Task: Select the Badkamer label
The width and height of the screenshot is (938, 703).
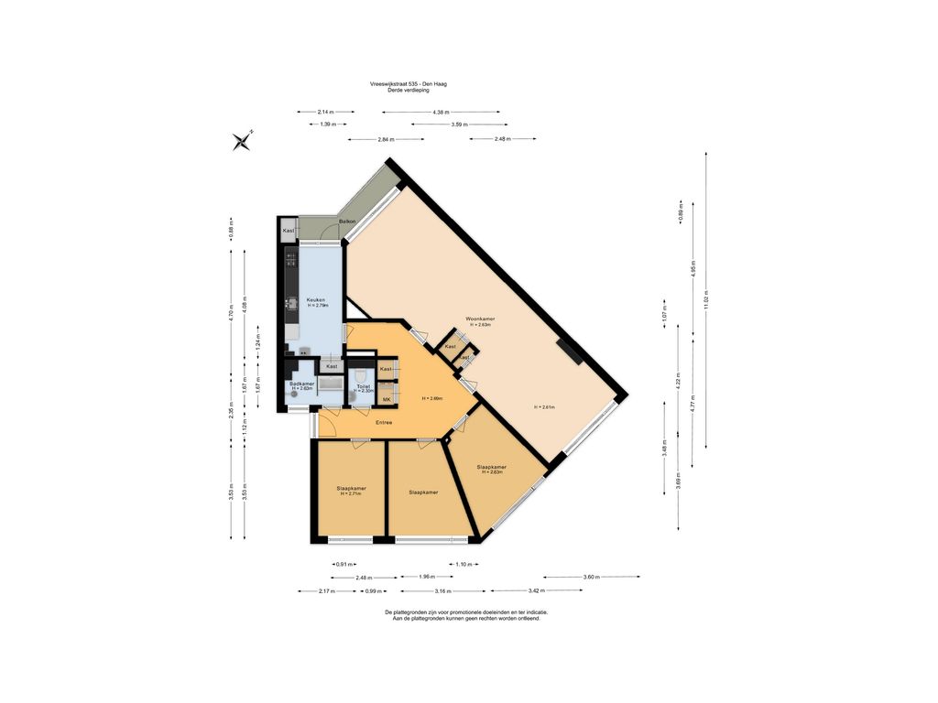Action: point(302,384)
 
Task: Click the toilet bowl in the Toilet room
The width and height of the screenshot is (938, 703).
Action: point(362,377)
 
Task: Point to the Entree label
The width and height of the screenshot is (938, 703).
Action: point(384,422)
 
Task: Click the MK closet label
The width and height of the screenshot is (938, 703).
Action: point(387,399)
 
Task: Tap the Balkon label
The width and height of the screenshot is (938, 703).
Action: point(347,222)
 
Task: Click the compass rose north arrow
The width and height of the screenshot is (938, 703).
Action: point(243,140)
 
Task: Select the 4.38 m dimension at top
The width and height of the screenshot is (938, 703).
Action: point(441,112)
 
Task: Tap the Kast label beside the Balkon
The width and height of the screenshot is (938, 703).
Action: point(289,231)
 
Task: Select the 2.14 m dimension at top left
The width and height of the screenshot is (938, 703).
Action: point(326,112)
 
